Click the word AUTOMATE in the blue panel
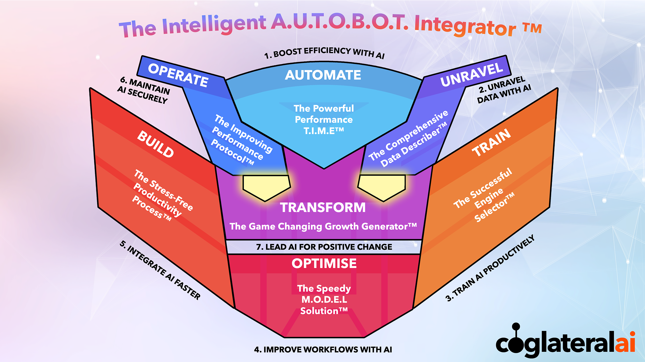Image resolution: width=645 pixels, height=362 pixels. pyautogui.click(x=323, y=75)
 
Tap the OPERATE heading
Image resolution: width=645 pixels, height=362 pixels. pyautogui.click(x=178, y=75)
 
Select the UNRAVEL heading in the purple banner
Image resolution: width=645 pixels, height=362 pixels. pyautogui.click(x=472, y=75)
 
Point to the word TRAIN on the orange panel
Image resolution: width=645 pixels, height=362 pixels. pyautogui.click(x=491, y=143)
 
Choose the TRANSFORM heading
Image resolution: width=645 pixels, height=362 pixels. pyautogui.click(x=323, y=208)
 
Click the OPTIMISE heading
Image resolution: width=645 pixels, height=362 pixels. pyautogui.click(x=324, y=264)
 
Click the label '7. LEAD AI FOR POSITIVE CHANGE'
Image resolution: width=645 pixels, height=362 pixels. pyautogui.click(x=324, y=247)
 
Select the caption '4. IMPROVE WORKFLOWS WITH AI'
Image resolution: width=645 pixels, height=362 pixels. pyautogui.click(x=323, y=350)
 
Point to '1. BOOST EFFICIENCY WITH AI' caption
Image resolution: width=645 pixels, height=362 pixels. pyautogui.click(x=324, y=53)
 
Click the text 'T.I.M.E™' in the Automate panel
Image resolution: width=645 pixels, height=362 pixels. pyautogui.click(x=324, y=131)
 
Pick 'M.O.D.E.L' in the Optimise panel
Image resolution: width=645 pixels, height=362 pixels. pyautogui.click(x=324, y=299)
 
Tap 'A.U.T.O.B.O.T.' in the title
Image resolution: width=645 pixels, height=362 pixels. pyautogui.click(x=340, y=22)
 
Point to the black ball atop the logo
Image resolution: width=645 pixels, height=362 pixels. pyautogui.click(x=516, y=326)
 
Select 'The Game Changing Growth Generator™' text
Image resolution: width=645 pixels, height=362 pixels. pyautogui.click(x=323, y=226)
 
